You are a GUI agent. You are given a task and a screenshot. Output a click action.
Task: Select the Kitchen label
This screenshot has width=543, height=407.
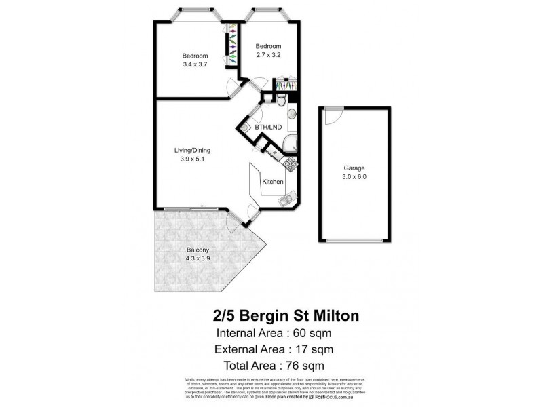coord(272,182)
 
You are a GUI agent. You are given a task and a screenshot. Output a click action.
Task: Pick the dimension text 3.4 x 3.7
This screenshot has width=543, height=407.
coord(194,64)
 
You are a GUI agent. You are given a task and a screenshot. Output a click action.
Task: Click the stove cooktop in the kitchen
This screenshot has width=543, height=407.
coord(291,163)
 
